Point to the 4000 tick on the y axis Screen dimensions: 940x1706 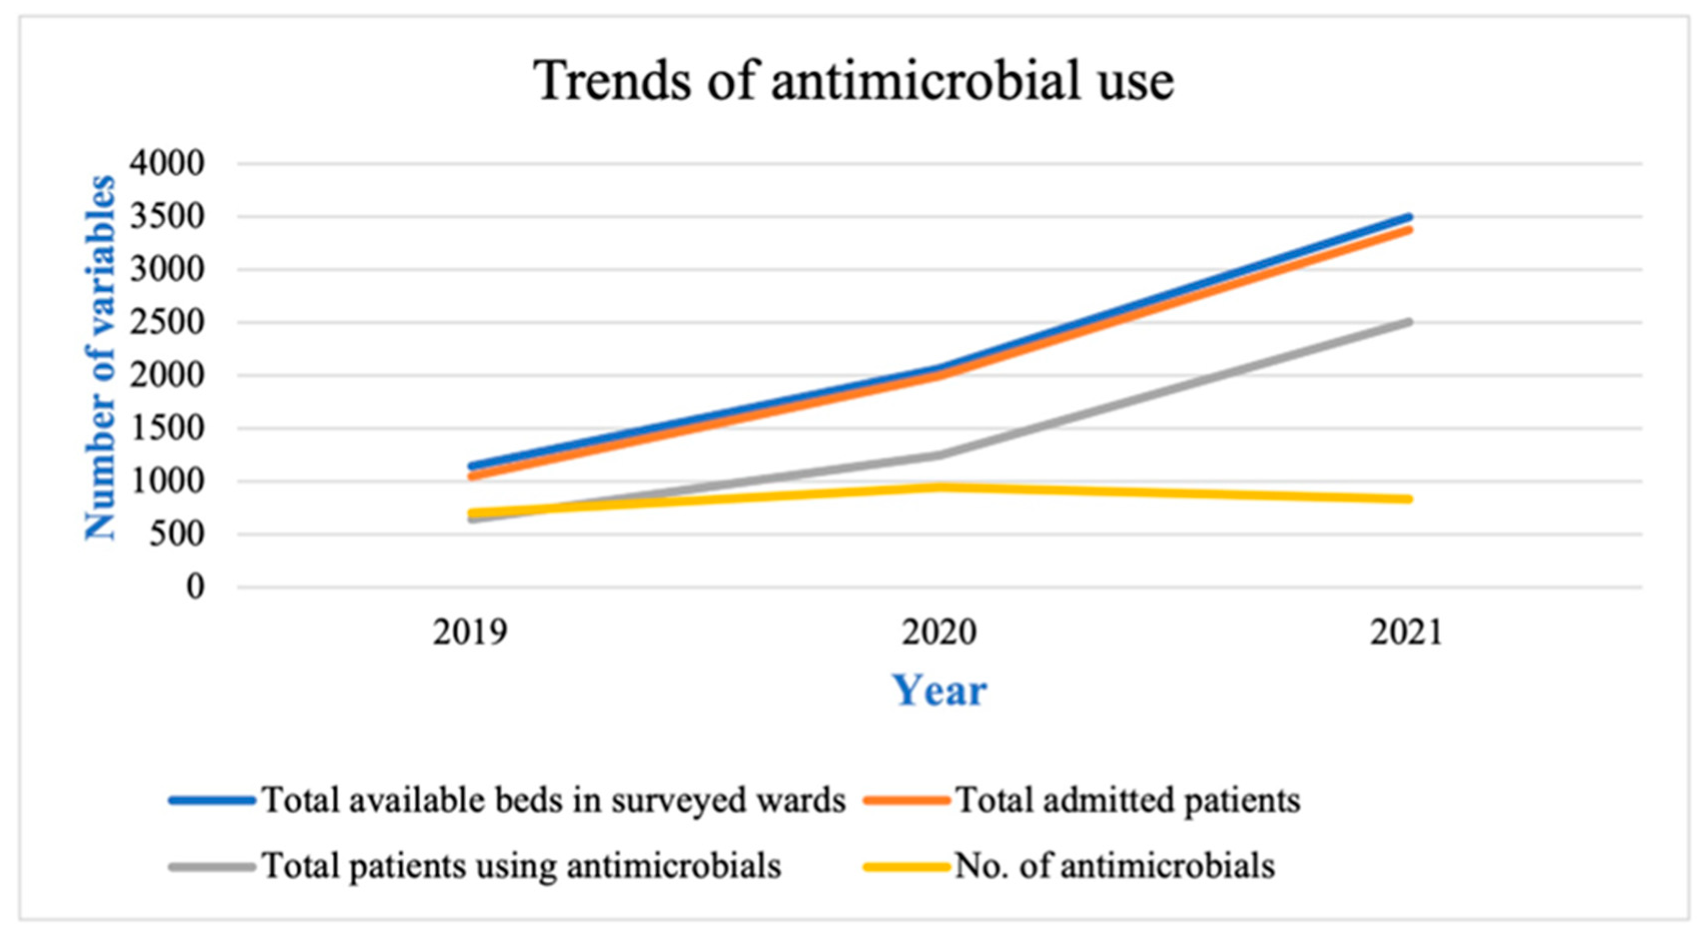167,163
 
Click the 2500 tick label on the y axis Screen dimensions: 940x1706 167,323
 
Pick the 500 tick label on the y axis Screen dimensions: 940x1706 176,534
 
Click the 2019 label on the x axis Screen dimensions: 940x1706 470,632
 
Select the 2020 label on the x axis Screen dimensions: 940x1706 939,632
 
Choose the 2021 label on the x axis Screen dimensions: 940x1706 1405,632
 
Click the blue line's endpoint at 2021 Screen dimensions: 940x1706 1409,217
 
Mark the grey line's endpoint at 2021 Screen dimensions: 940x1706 1409,322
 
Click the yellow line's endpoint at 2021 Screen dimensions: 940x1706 1409,499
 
